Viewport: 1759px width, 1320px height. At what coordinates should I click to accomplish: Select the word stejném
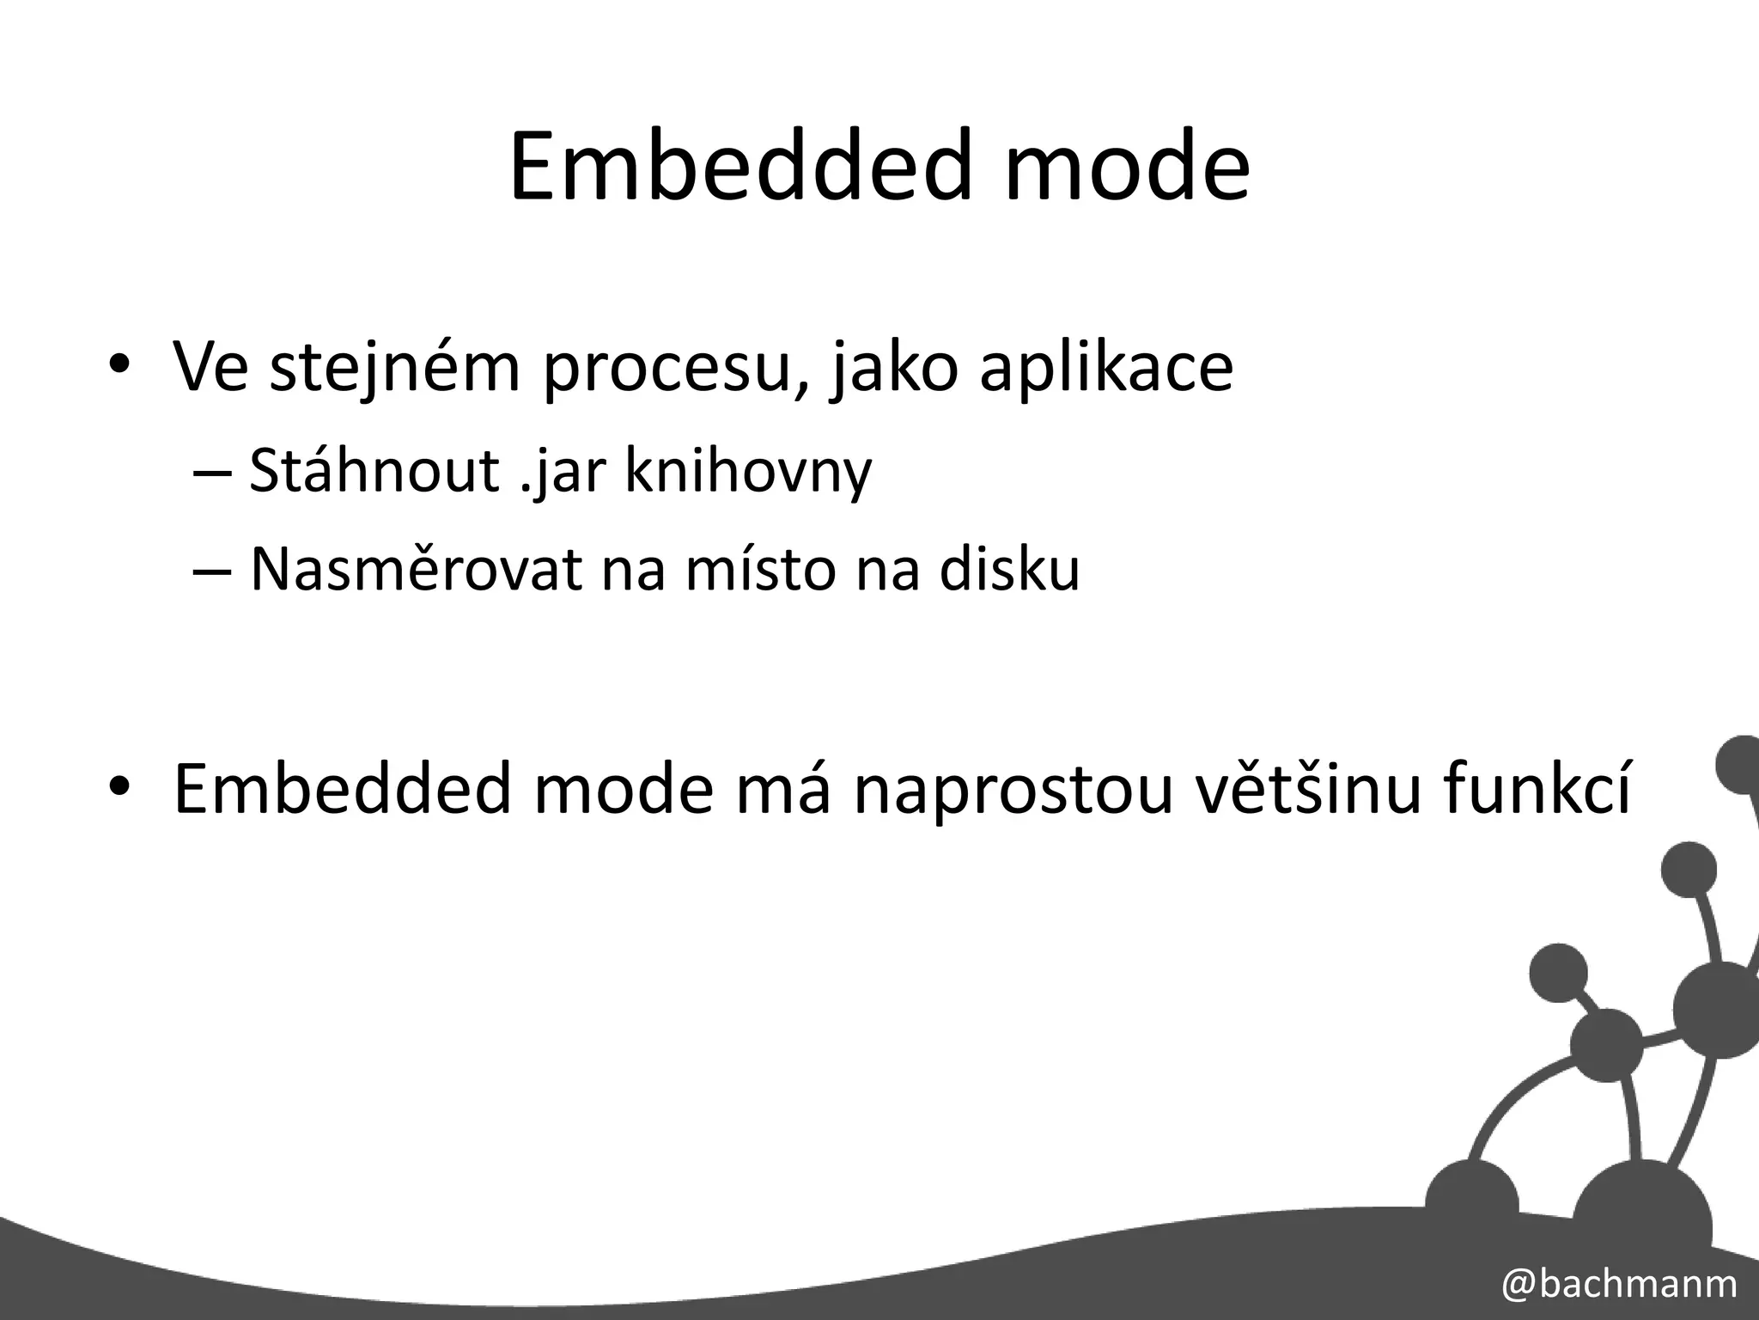(x=395, y=368)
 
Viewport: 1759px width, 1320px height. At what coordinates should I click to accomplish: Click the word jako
(x=893, y=368)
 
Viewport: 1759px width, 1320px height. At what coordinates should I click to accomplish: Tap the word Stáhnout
(x=374, y=471)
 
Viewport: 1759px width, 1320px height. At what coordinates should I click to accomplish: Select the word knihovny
(x=747, y=471)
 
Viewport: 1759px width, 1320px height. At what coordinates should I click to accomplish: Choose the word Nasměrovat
(x=416, y=569)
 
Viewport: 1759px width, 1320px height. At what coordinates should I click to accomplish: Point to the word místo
(x=760, y=569)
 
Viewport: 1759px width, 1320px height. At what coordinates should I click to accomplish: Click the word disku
(x=1009, y=569)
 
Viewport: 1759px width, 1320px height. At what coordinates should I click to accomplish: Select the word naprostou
(x=1013, y=789)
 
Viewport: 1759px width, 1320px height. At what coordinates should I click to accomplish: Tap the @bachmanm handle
(x=1619, y=1283)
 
